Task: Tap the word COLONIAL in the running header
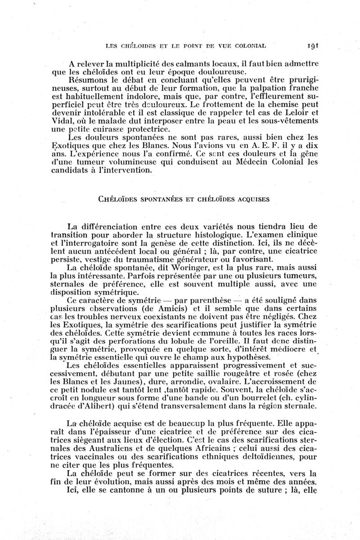pyautogui.click(x=249, y=45)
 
